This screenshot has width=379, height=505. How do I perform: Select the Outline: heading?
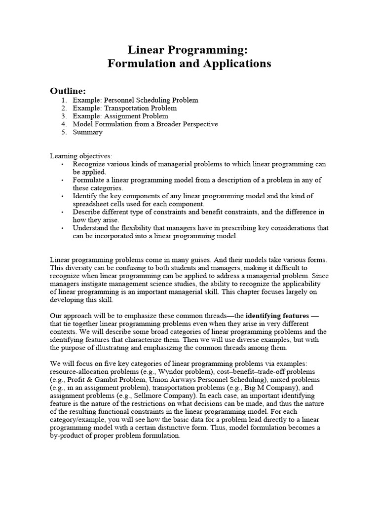pos(68,91)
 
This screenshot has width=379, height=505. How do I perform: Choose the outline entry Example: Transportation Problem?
pos(124,108)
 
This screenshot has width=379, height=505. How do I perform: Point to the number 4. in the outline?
pos(64,124)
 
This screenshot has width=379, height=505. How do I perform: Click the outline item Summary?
pos(87,132)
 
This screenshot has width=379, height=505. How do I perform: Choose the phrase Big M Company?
pos(280,388)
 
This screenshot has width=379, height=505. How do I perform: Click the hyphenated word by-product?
pos(69,435)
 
